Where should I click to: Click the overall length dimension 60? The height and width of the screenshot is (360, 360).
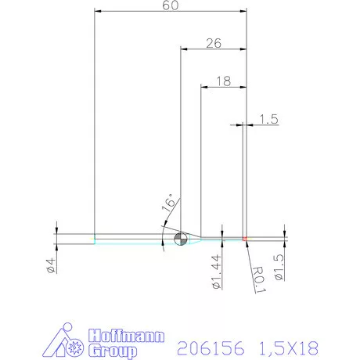[x=169, y=5]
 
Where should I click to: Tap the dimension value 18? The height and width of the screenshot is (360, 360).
[x=222, y=81]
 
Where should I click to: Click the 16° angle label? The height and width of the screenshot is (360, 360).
[x=168, y=205]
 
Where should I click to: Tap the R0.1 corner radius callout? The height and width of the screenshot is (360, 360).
[x=259, y=277]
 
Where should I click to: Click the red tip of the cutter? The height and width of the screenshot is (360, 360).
[x=245, y=238]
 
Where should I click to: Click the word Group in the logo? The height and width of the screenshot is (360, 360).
[x=114, y=351]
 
